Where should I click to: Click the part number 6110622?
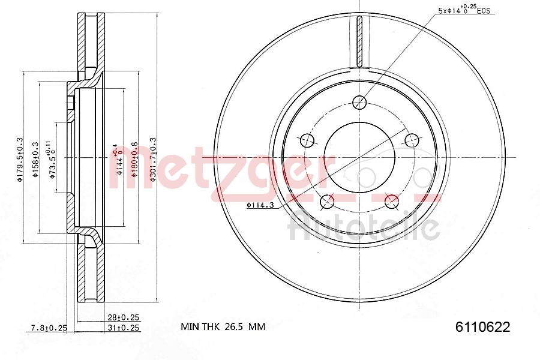[x=482, y=327]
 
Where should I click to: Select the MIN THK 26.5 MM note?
[x=223, y=327]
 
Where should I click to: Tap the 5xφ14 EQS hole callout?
[x=466, y=10]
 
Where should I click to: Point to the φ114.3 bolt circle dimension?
[x=259, y=206]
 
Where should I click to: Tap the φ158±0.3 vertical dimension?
[x=36, y=158]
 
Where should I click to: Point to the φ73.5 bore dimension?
[x=53, y=158]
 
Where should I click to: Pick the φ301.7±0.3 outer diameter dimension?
[x=153, y=158]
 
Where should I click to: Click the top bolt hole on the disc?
[x=359, y=102]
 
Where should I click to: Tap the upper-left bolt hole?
[x=307, y=140]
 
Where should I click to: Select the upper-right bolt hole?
[x=412, y=140]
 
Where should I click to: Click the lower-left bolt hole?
[x=327, y=202]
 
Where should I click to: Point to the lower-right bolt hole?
[x=392, y=202]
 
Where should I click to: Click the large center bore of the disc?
[x=359, y=157]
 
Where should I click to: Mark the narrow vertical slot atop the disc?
[x=359, y=42]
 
